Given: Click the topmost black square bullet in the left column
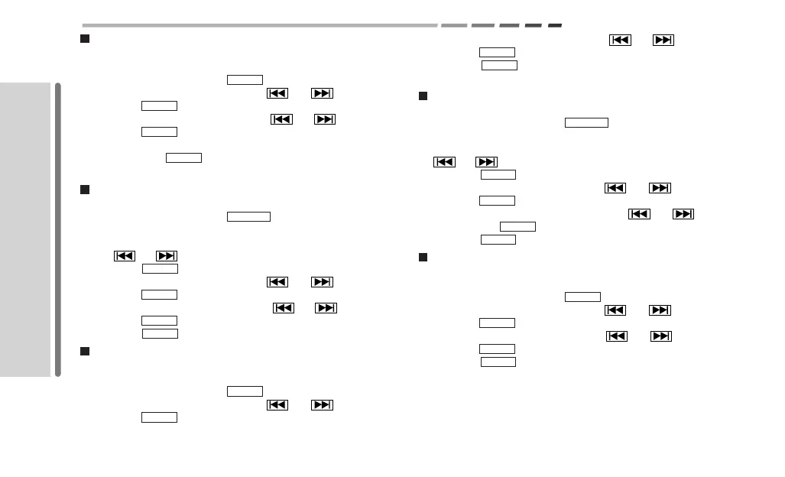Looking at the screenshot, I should pyautogui.click(x=86, y=38).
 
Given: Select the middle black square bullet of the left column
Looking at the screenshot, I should pyautogui.click(x=86, y=190).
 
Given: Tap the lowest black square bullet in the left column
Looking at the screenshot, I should pyautogui.click(x=86, y=351).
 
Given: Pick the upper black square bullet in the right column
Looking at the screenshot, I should pyautogui.click(x=423, y=96).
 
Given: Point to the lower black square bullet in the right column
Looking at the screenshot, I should pyautogui.click(x=423, y=257).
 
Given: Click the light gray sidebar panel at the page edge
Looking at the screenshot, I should pyautogui.click(x=24, y=229).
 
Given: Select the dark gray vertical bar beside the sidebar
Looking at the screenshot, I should pyautogui.click(x=58, y=229).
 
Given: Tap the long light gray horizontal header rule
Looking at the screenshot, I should pyautogui.click(x=260, y=25).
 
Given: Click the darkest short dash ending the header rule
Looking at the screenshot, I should pyautogui.click(x=555, y=25).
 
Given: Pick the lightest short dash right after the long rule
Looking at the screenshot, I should pyautogui.click(x=453, y=25).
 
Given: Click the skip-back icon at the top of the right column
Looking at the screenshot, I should pyautogui.click(x=620, y=40).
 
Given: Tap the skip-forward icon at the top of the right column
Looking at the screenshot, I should pyautogui.click(x=663, y=40).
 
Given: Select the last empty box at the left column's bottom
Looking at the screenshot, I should pyautogui.click(x=159, y=417).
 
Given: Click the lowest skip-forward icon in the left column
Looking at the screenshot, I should pyautogui.click(x=322, y=405).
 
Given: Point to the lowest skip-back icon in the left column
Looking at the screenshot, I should pyautogui.click(x=277, y=405).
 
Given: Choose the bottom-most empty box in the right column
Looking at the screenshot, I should pyautogui.click(x=498, y=362).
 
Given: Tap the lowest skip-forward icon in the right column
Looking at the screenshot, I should pyautogui.click(x=661, y=336).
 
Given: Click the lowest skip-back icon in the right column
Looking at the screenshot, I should pyautogui.click(x=617, y=336).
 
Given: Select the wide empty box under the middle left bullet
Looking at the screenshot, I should pyautogui.click(x=248, y=216).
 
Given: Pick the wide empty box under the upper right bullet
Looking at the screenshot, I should pyautogui.click(x=586, y=122).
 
